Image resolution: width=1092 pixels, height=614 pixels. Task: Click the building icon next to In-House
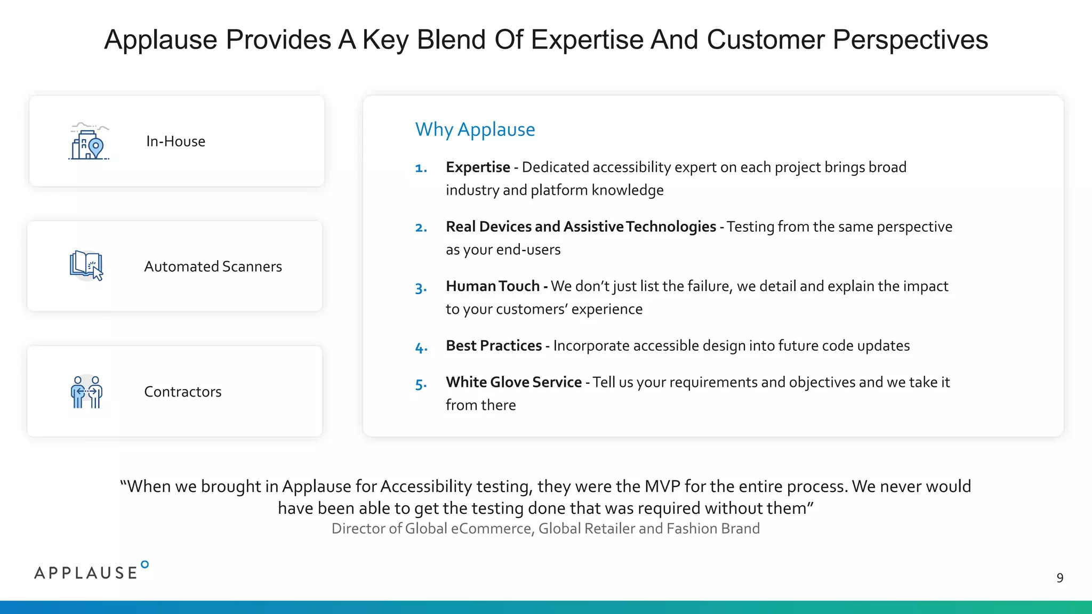pyautogui.click(x=89, y=142)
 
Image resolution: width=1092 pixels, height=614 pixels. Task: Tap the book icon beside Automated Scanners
pyautogui.click(x=86, y=265)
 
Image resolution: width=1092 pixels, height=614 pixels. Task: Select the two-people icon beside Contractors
pyautogui.click(x=86, y=392)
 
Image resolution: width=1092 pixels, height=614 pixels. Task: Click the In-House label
pyautogui.click(x=175, y=141)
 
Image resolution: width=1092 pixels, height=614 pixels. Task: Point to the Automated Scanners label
pyautogui.click(x=213, y=266)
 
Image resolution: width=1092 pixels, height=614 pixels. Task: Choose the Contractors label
pyautogui.click(x=182, y=392)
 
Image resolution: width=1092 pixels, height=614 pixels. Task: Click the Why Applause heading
pyautogui.click(x=475, y=130)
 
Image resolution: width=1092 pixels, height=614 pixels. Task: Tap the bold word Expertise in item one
pyautogui.click(x=478, y=167)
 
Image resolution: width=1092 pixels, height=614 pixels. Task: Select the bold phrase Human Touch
pyautogui.click(x=493, y=286)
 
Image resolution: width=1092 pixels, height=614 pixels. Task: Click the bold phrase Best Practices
pyautogui.click(x=494, y=346)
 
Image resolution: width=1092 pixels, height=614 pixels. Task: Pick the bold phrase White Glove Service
pyautogui.click(x=513, y=382)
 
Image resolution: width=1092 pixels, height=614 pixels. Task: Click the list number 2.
pyautogui.click(x=421, y=228)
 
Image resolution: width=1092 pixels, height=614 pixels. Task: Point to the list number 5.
pyautogui.click(x=421, y=384)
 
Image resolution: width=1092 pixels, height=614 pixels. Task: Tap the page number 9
pyautogui.click(x=1059, y=578)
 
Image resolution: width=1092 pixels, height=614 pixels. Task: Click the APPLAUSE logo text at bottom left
pyautogui.click(x=86, y=573)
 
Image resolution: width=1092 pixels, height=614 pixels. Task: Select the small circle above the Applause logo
pyautogui.click(x=144, y=564)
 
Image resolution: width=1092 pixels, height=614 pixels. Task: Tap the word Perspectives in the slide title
pyautogui.click(x=910, y=40)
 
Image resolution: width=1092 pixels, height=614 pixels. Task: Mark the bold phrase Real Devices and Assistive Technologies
pyautogui.click(x=581, y=227)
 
